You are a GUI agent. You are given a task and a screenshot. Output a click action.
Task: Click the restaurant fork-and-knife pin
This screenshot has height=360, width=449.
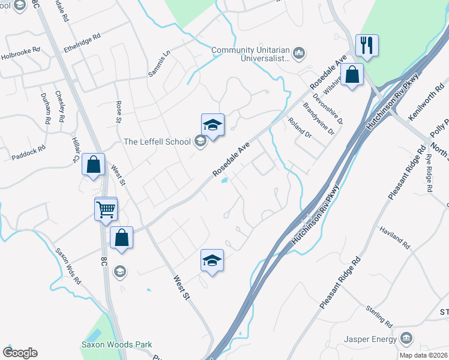[x=367, y=46]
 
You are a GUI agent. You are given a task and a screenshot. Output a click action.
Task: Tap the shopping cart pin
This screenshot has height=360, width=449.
[x=106, y=209]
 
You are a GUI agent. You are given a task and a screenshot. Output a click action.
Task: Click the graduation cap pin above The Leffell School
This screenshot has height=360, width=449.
[x=212, y=125]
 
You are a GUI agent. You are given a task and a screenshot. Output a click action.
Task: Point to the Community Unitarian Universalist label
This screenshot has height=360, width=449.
[x=250, y=54]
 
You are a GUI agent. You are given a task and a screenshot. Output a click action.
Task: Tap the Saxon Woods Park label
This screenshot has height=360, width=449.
[x=116, y=345]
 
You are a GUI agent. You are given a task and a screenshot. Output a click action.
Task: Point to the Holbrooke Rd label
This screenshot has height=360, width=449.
[x=19, y=50]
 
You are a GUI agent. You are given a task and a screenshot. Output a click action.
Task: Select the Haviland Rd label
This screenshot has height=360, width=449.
[x=395, y=238]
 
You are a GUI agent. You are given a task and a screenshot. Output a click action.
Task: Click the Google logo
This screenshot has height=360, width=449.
[x=20, y=353]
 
